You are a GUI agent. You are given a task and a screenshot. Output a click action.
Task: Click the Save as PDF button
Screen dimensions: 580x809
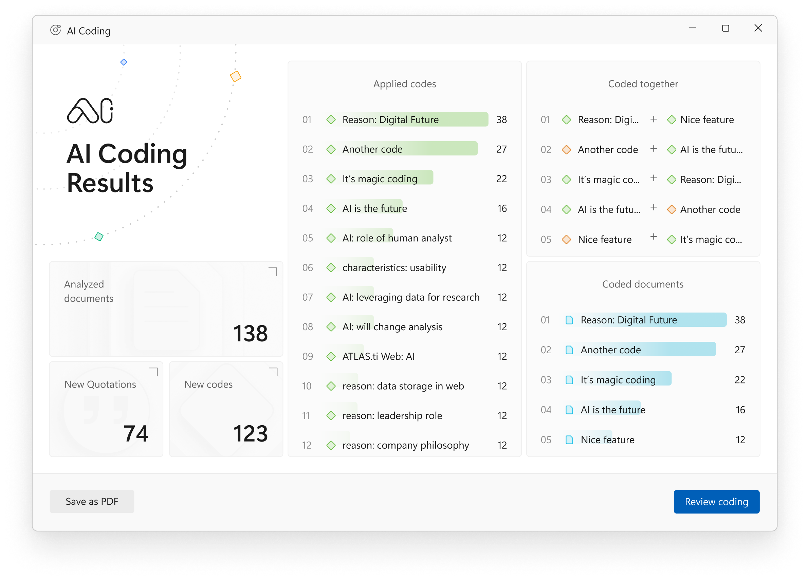[92, 501]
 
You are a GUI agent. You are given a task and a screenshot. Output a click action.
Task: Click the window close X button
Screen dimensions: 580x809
[758, 28]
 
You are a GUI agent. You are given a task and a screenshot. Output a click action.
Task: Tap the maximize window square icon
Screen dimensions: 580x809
[725, 28]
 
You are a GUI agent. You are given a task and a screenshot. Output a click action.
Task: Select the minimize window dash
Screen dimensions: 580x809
[692, 28]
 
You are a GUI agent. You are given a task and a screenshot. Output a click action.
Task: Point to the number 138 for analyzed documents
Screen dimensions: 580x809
[250, 334]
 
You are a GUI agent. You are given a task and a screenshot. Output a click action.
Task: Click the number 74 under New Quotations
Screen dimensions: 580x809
[135, 434]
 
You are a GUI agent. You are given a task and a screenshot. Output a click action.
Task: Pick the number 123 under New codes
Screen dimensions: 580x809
[250, 434]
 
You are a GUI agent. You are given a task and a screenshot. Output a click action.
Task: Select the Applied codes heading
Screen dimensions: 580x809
[405, 84]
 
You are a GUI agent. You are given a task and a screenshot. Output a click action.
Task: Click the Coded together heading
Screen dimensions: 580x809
[643, 84]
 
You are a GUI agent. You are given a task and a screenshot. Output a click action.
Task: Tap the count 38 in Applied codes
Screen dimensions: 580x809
[501, 120]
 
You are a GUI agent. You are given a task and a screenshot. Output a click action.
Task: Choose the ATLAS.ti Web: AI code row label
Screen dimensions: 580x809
[378, 356]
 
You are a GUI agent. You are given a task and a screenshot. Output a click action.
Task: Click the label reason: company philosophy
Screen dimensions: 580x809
[406, 445]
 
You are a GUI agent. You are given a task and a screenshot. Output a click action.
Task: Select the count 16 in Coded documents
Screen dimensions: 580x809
[740, 410]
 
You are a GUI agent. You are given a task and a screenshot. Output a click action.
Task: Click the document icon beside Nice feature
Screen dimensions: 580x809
[569, 440]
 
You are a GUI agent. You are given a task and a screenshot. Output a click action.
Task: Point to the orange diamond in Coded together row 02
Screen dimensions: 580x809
[567, 150]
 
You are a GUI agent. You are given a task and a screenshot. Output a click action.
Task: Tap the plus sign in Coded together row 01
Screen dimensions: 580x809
[654, 119]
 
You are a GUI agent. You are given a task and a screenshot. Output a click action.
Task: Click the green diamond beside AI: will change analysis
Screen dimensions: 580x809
[331, 327]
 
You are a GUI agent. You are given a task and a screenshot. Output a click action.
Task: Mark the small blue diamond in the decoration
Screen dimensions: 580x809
[124, 62]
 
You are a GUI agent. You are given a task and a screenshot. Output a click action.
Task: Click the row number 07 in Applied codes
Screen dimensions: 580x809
[308, 297]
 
